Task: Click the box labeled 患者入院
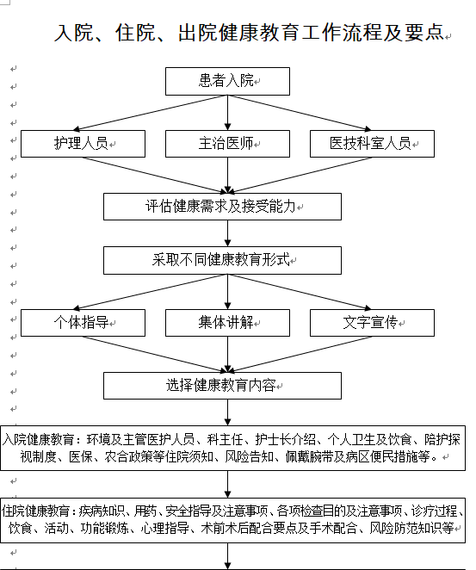pyautogui.click(x=227, y=81)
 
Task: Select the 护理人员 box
pyautogui.click(x=83, y=144)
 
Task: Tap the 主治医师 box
pyautogui.click(x=227, y=144)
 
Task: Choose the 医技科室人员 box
pyautogui.click(x=372, y=144)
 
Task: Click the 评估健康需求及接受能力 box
pyautogui.click(x=222, y=207)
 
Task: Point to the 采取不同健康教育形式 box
pyautogui.click(x=222, y=260)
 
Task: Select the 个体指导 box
pyautogui.click(x=83, y=323)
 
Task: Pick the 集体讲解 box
pyautogui.click(x=227, y=323)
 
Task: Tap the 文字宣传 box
pyautogui.click(x=372, y=323)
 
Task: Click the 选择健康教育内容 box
pyautogui.click(x=222, y=385)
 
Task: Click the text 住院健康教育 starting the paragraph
pyautogui.click(x=38, y=510)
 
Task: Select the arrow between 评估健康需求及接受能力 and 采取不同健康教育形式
pyautogui.click(x=227, y=233)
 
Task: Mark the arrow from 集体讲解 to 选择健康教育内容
pyautogui.click(x=227, y=354)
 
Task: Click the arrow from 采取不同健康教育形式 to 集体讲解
pyautogui.click(x=227, y=291)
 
